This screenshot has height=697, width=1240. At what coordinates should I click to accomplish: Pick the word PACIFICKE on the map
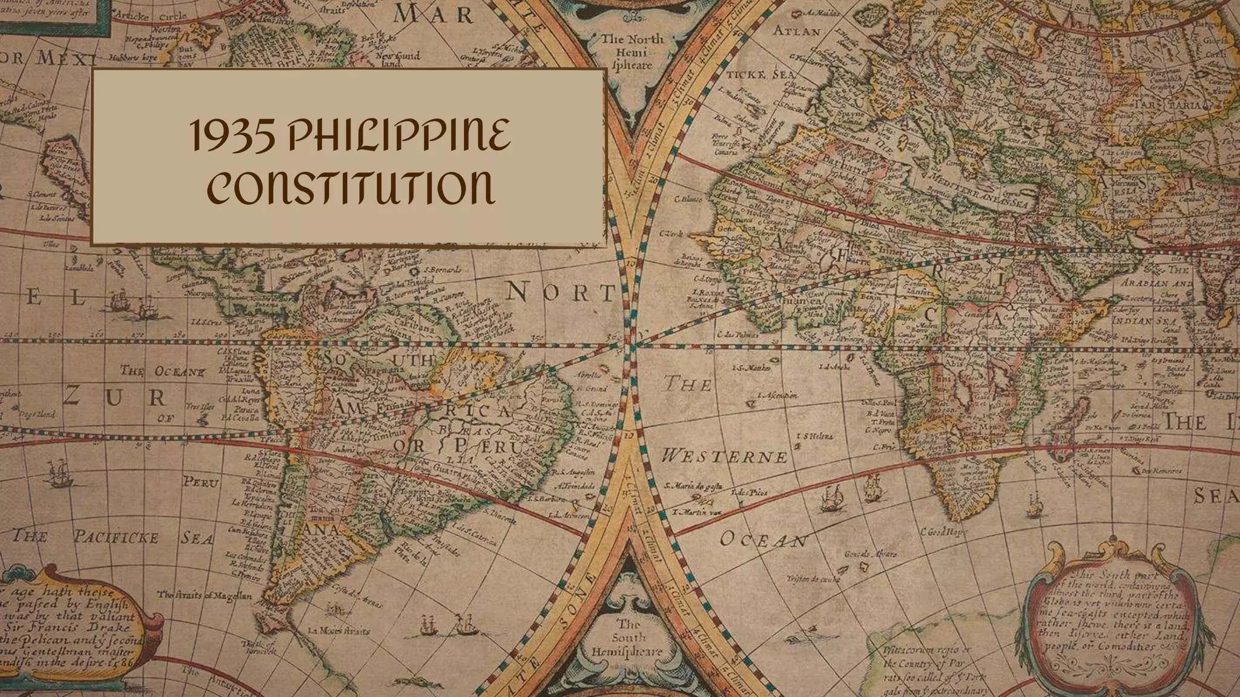[x=117, y=537]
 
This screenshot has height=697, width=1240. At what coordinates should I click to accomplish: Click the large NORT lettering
[x=560, y=293]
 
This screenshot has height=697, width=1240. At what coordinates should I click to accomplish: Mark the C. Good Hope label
[x=944, y=532]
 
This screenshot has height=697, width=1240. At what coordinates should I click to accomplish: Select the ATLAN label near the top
[x=797, y=31]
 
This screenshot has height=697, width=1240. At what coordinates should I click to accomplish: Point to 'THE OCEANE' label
[x=162, y=370]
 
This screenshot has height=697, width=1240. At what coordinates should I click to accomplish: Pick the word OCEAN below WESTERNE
[x=763, y=540]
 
